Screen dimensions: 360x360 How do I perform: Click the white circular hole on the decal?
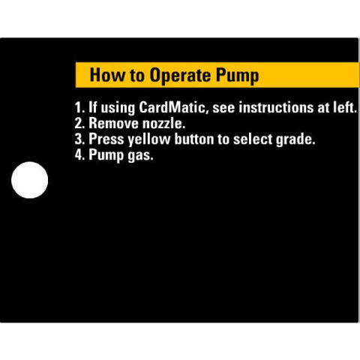(30, 180)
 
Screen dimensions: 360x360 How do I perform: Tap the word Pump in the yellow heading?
(237, 76)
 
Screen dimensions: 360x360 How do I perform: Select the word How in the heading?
(107, 75)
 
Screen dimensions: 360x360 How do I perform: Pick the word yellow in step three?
(149, 139)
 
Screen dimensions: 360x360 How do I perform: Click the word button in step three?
(194, 139)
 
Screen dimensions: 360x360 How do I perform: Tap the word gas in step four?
(140, 156)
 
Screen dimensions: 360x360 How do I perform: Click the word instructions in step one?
(276, 107)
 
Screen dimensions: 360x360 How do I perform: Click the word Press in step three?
(106, 139)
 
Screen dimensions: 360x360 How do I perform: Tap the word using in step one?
(118, 109)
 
